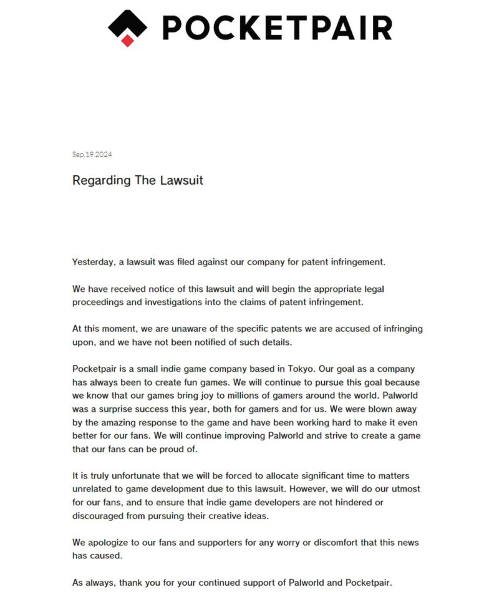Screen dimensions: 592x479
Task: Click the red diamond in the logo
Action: click(x=128, y=41)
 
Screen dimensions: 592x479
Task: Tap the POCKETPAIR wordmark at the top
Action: click(x=277, y=27)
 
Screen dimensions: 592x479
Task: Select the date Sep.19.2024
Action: click(x=92, y=155)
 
